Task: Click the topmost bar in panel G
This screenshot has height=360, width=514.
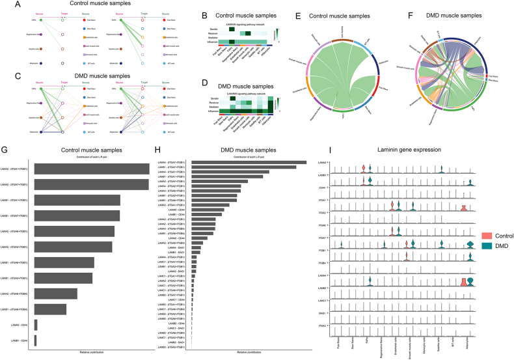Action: tap(92, 169)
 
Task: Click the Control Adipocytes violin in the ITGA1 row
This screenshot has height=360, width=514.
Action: tap(463, 208)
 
